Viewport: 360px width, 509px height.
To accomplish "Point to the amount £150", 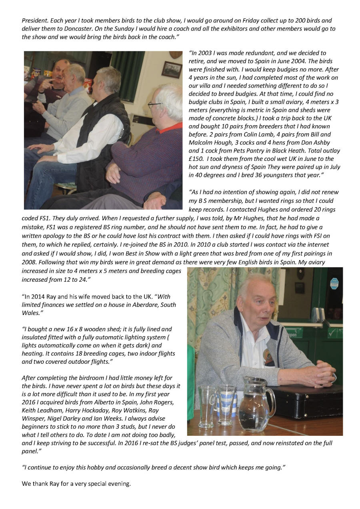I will [x=195, y=159].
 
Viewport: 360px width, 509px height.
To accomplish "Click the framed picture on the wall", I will [x=172, y=69].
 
